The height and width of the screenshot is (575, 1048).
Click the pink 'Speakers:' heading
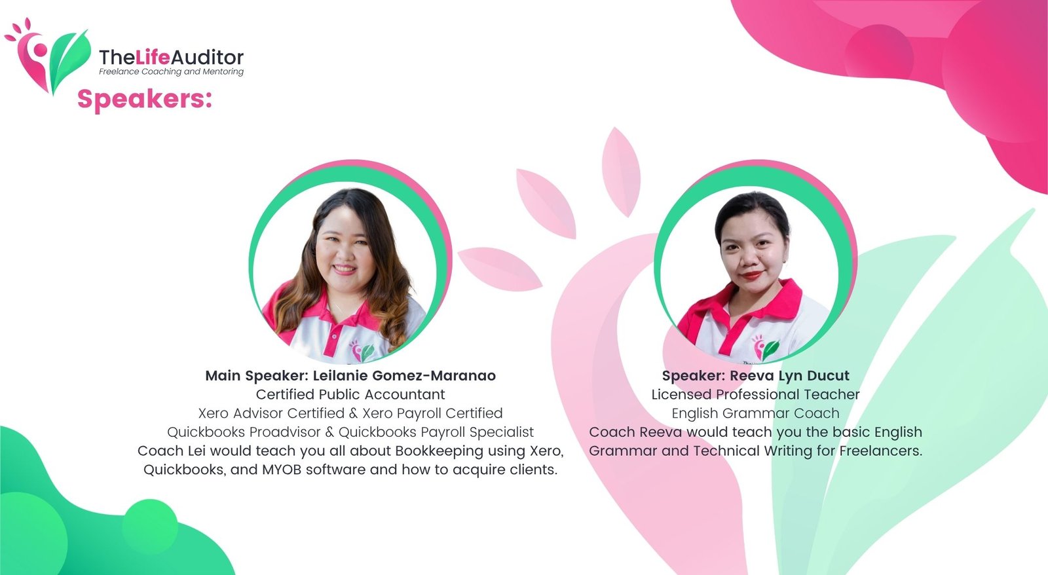click(145, 100)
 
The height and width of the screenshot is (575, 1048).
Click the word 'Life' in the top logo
click(152, 58)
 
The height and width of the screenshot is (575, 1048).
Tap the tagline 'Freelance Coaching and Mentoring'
click(171, 71)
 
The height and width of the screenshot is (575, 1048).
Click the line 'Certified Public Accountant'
click(350, 394)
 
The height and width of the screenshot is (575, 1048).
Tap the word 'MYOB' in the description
click(282, 470)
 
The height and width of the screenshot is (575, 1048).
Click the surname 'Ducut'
click(828, 376)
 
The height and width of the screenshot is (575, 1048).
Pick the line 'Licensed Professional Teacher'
click(756, 394)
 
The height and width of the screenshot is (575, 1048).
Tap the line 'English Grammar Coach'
click(756, 413)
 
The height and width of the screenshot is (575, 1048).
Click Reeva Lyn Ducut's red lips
click(752, 275)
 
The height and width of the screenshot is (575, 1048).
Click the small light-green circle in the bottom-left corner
click(150, 527)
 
